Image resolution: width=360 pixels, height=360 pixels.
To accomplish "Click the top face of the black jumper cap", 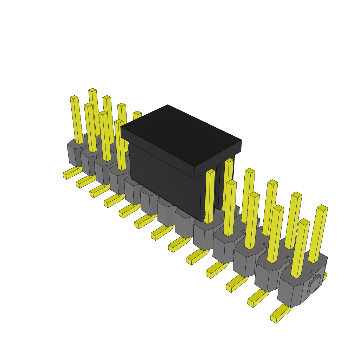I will (181, 135).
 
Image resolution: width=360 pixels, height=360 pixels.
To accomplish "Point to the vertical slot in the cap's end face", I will (218, 186).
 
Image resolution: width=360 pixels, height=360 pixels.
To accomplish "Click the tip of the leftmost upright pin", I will (74, 97).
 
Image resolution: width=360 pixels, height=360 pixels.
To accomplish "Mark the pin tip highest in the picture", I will (92, 90).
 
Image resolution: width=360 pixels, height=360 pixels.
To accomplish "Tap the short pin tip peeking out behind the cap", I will (137, 113).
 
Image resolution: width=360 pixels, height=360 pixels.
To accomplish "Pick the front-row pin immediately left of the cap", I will (120, 144).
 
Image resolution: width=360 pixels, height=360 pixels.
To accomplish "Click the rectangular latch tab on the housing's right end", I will (315, 284).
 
